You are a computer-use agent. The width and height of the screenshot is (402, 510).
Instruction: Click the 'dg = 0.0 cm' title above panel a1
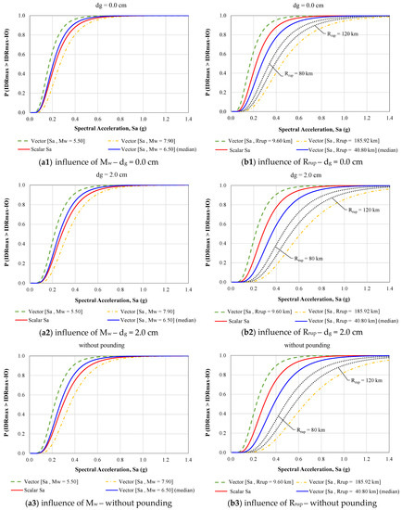102,6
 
